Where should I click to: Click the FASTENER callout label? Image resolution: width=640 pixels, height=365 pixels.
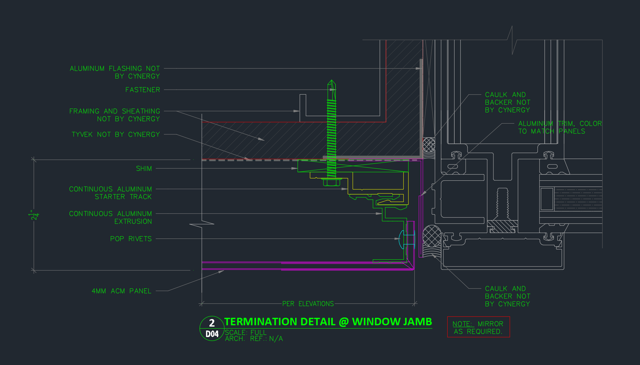point(142,90)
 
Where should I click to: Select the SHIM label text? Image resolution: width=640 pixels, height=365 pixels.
point(144,168)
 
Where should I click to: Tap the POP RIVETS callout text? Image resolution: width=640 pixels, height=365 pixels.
point(131,239)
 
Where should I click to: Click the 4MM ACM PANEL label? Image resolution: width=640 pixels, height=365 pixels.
point(122,291)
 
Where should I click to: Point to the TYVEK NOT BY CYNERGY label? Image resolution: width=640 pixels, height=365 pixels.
point(116,134)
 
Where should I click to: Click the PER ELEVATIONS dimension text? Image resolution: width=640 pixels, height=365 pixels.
point(308,303)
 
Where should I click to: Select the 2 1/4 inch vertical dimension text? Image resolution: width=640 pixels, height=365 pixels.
point(34,215)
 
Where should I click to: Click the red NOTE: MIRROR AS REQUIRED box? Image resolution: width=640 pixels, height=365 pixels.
point(478,327)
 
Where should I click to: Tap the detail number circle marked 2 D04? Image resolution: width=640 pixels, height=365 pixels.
point(212,329)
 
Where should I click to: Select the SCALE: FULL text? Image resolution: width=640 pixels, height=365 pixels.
point(246,333)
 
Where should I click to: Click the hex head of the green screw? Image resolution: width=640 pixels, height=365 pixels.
point(332,182)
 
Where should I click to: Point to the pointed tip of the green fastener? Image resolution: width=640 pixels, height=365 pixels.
point(332,80)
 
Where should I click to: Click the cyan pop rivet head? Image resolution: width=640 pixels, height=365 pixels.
point(401,239)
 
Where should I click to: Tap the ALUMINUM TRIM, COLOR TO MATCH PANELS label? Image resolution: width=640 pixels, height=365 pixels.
point(560,128)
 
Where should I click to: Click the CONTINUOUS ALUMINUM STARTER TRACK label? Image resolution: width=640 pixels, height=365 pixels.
point(110,193)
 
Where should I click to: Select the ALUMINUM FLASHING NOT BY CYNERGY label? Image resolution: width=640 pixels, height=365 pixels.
point(114,72)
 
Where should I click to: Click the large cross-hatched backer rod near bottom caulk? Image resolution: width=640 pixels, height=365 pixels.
point(432,236)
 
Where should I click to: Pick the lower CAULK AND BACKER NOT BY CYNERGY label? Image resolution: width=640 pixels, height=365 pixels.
point(508,296)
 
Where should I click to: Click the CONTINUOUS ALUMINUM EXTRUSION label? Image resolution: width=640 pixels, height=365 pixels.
point(110,217)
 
